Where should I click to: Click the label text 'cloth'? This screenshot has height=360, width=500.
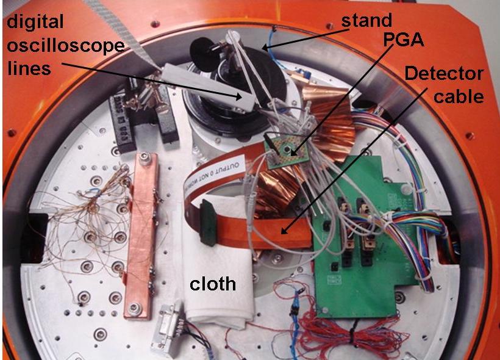(212, 284)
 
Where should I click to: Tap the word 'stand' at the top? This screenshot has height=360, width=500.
(366, 20)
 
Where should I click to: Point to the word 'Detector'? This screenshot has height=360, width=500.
(444, 74)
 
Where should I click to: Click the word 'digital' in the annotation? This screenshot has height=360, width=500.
(35, 23)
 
